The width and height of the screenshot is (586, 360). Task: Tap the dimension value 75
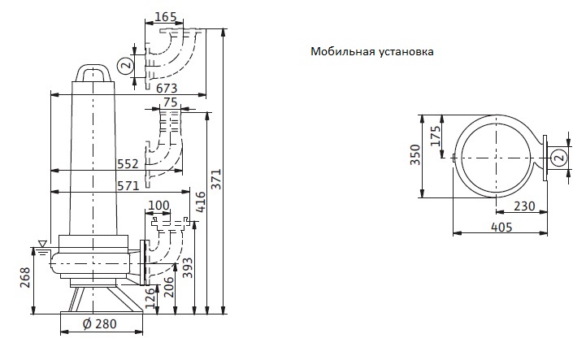170,102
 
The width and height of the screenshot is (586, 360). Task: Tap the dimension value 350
416,154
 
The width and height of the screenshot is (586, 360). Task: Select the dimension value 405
502,228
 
